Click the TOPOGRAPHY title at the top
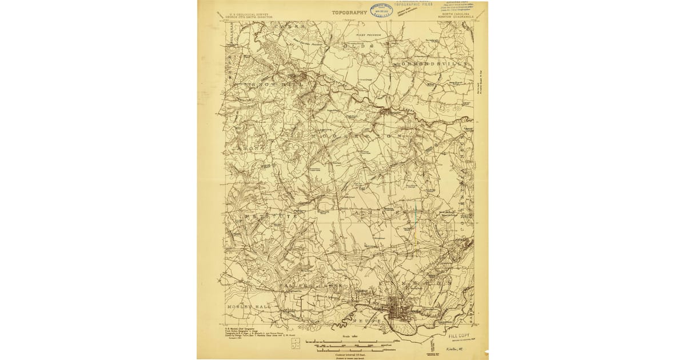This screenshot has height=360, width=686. (349, 11)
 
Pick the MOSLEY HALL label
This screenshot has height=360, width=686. (244, 307)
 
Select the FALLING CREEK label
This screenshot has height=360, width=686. (303, 284)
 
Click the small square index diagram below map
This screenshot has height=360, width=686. (294, 343)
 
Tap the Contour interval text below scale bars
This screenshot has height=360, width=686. (350, 354)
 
